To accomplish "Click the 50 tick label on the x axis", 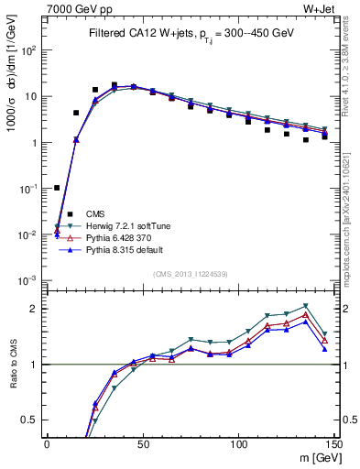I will (x=143, y=443).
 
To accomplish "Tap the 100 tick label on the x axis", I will (x=238, y=443).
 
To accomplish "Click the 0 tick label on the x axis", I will (x=47, y=443).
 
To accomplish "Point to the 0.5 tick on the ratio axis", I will (x=32, y=420).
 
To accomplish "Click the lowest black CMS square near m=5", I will (x=57, y=188).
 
